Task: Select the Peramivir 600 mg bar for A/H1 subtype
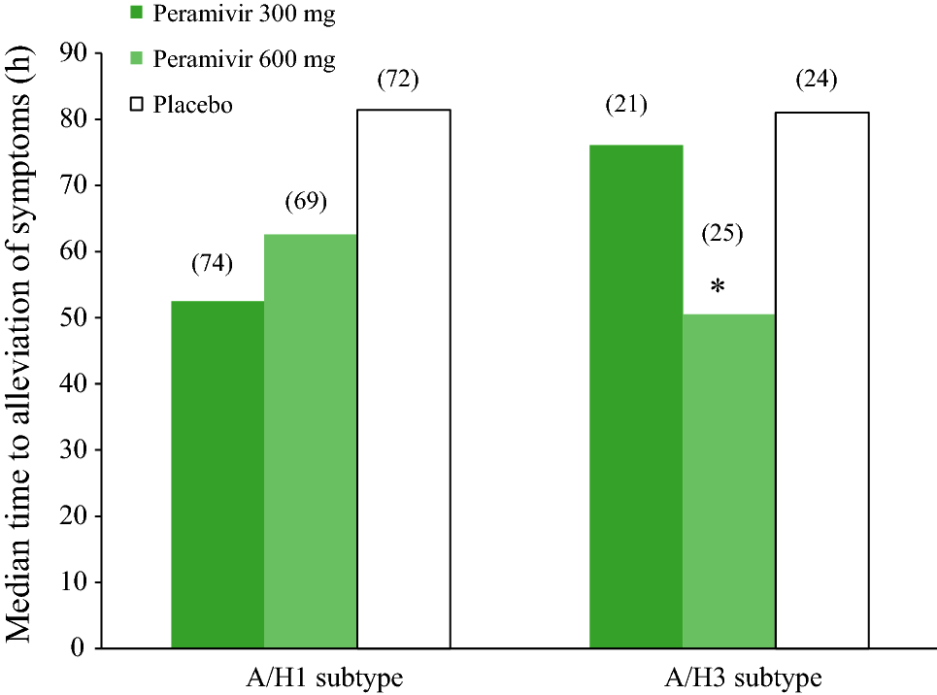coord(310,441)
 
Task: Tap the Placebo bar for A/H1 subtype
coord(403,379)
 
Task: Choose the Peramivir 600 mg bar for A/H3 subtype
coord(728,480)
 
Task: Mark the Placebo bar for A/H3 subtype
coord(821,380)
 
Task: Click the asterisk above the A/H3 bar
coord(719,287)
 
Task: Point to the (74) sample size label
coord(212,264)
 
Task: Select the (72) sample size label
coord(398,80)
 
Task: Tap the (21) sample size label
coord(625,105)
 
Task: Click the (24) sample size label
coord(816,80)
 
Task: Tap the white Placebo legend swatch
coord(136,103)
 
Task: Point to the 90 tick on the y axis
coord(74,53)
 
